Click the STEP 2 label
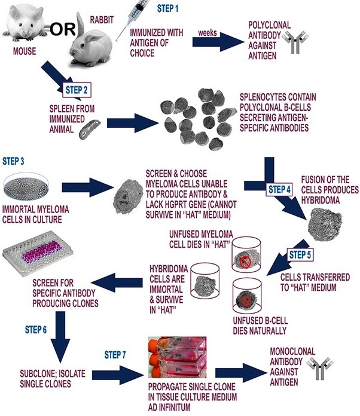pyautogui.click(x=77, y=90)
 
